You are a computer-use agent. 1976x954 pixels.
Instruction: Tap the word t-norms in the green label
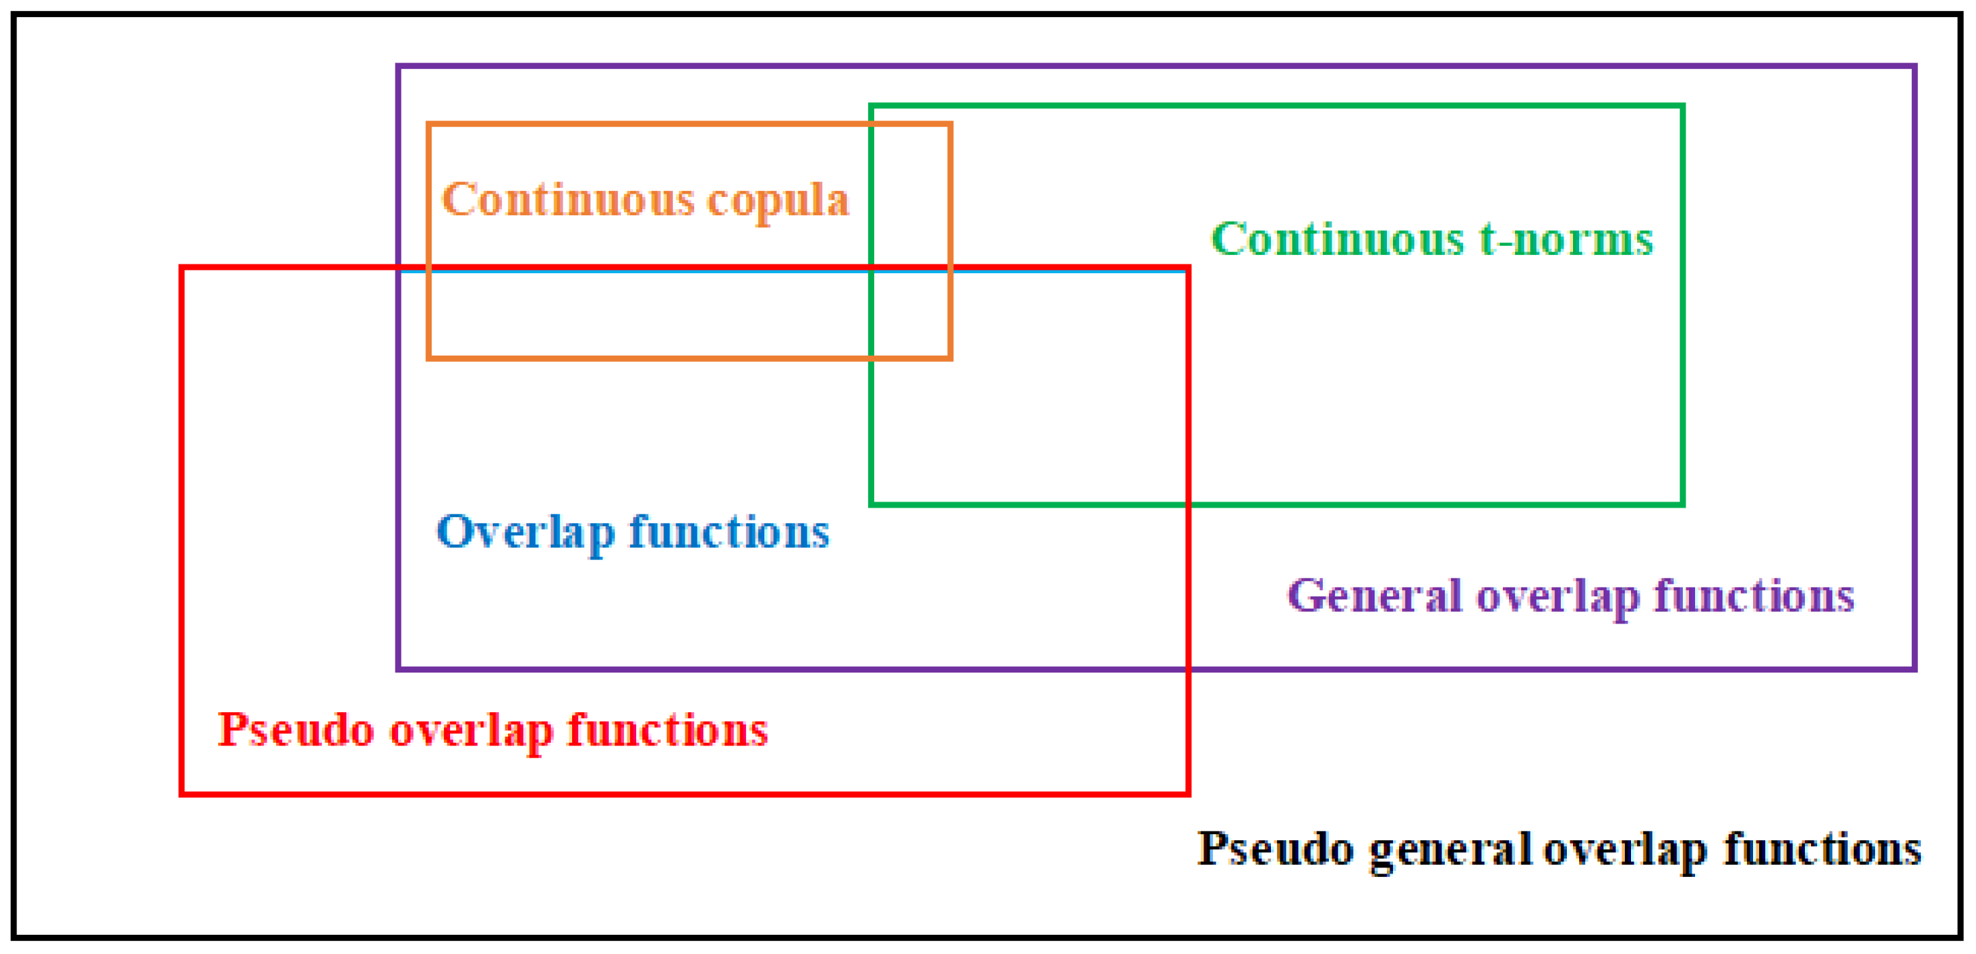pos(1566,240)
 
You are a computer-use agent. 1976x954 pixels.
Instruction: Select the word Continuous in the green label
pos(1338,240)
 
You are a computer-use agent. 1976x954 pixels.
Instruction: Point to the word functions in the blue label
pos(729,532)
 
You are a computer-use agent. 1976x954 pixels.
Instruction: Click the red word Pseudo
pos(296,730)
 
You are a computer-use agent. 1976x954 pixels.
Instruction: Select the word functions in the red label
pos(668,730)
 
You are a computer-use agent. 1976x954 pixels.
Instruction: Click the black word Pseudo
pos(1275,850)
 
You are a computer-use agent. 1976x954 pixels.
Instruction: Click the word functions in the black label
pos(1823,850)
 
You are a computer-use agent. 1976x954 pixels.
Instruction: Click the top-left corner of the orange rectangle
pos(430,125)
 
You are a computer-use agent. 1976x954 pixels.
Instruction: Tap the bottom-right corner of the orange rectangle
pos(950,357)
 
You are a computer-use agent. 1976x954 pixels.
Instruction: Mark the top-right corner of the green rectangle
pos(1682,106)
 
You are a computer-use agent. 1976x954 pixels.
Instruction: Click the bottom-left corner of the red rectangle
pos(182,794)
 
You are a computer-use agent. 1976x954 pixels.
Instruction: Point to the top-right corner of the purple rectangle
pos(1915,67)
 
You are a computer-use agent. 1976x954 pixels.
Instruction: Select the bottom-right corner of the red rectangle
pos(1188,794)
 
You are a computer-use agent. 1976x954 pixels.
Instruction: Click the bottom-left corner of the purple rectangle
pos(399,668)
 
